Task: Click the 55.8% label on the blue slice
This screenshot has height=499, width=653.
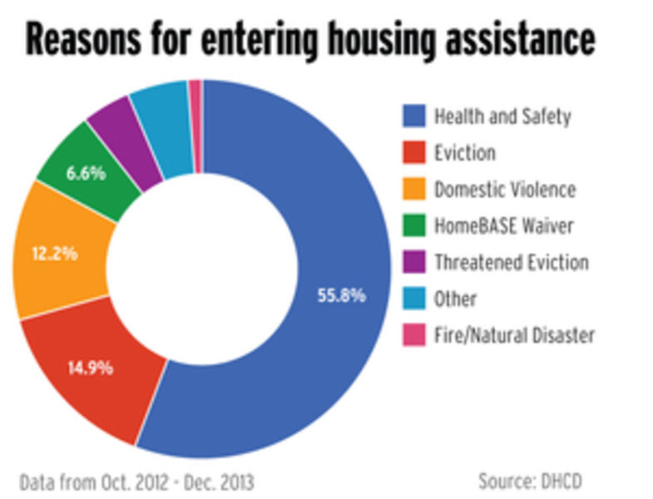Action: tap(341, 294)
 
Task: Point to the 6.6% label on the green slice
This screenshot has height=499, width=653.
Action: tap(86, 173)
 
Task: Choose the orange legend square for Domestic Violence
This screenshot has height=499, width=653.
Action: tap(413, 189)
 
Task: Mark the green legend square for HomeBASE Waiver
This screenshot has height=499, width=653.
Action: tap(413, 225)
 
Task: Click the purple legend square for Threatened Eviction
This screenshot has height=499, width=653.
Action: tap(413, 262)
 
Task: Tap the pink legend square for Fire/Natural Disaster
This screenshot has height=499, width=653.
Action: tap(413, 335)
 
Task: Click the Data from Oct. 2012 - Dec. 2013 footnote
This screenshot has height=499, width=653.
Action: tap(136, 481)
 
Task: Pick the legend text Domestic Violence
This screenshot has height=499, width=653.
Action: tap(504, 189)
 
